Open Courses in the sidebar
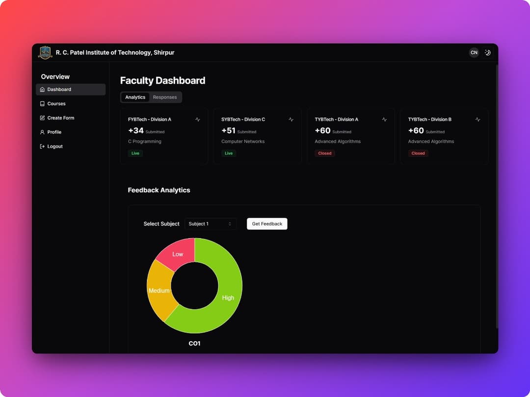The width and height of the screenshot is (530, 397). tap(56, 103)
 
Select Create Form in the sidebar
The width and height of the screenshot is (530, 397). tap(60, 118)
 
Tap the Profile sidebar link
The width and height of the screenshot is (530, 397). tap(54, 132)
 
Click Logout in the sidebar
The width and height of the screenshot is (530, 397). tap(54, 146)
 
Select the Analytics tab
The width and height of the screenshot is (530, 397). tap(135, 97)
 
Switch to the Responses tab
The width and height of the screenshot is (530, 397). tap(164, 97)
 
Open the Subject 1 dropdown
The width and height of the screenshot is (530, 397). tap(210, 224)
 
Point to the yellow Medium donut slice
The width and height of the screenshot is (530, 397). tap(159, 290)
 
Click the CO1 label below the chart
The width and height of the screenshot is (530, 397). tap(194, 344)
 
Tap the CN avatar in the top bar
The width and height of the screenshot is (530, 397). tap(474, 52)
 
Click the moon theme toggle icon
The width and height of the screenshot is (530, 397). tap(487, 52)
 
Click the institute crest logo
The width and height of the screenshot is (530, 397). tap(45, 52)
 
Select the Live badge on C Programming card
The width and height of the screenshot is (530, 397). tap(135, 153)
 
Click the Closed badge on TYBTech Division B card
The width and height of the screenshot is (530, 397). tap(418, 153)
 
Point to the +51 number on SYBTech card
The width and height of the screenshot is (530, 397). tap(228, 130)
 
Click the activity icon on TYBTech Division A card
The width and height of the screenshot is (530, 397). tap(384, 120)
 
